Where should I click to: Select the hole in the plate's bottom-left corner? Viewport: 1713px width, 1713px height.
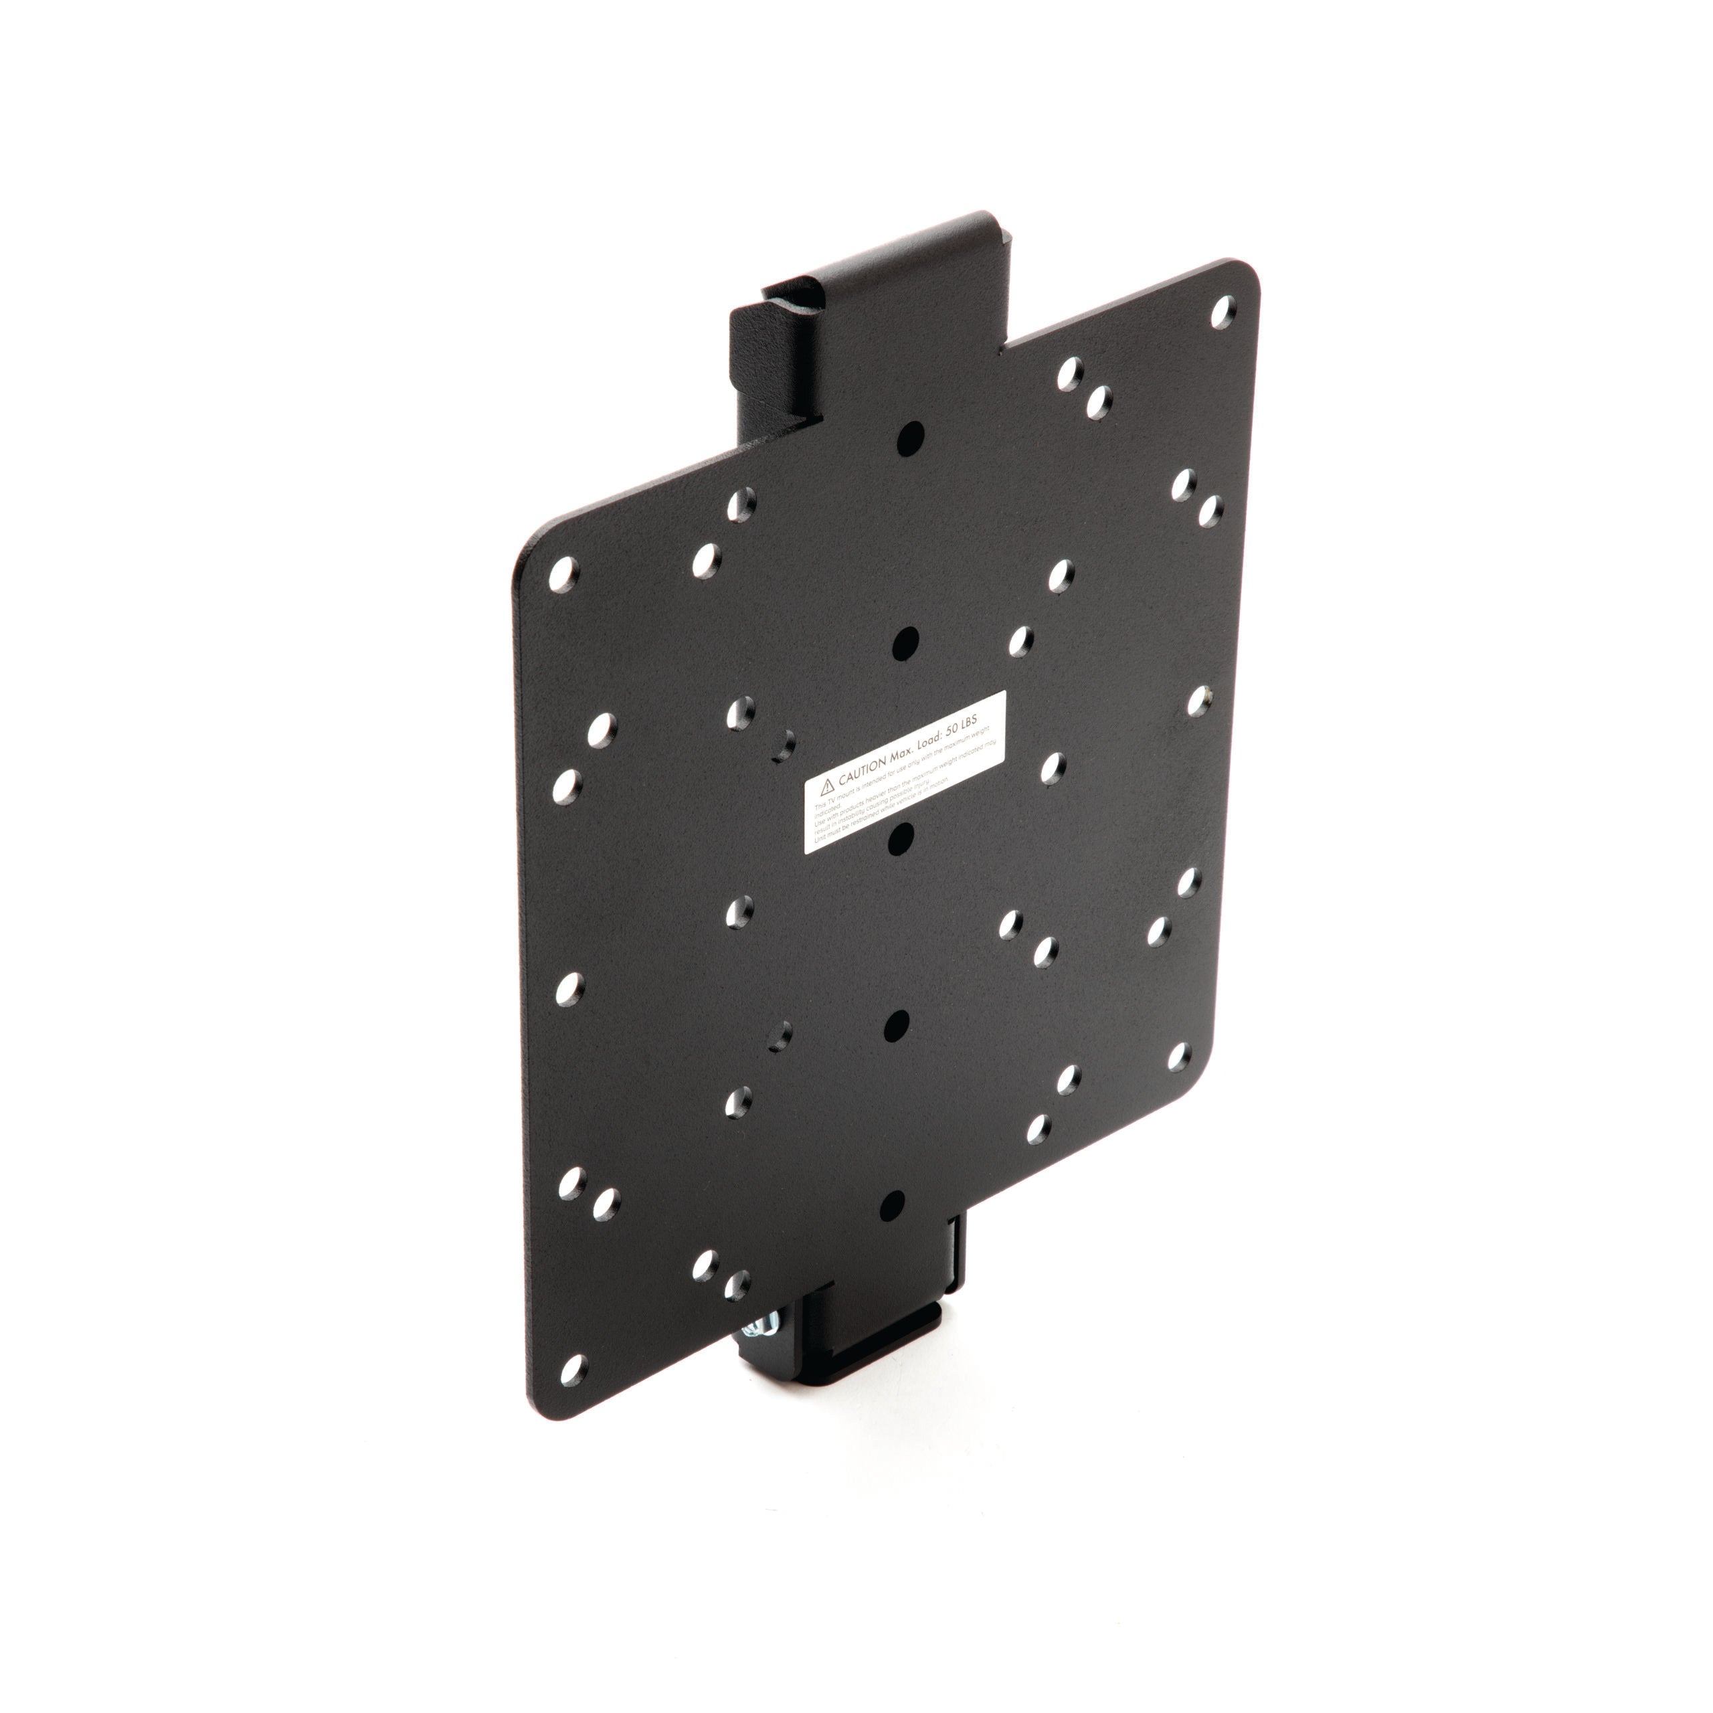point(573,1391)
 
